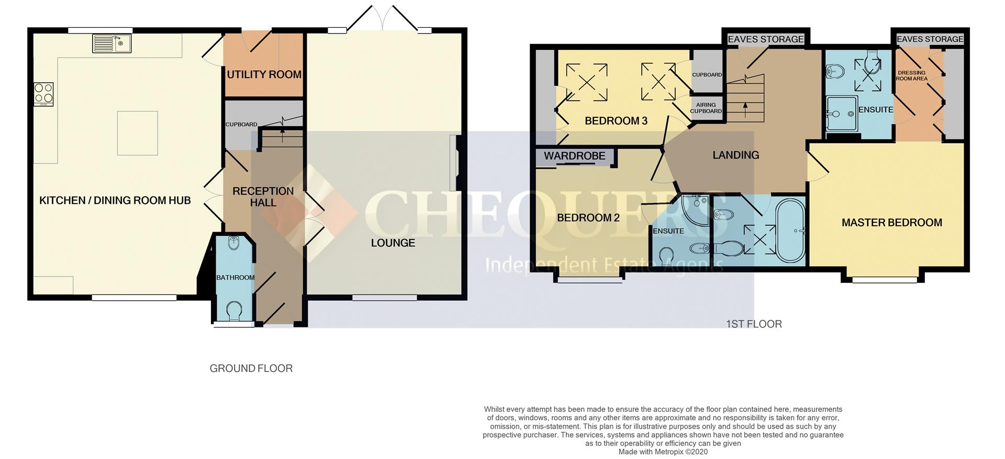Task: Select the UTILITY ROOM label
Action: pos(264,74)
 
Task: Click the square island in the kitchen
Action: pos(137,133)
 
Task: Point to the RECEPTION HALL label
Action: pos(263,196)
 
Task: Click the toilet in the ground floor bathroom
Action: pos(234,311)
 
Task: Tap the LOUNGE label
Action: pos(393,243)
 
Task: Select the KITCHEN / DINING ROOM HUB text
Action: pos(115,200)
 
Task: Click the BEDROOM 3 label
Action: pos(616,121)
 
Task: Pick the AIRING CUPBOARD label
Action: pos(706,108)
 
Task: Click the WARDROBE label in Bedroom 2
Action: pos(574,156)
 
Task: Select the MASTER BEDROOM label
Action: pos(891,223)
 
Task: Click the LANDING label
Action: pos(735,155)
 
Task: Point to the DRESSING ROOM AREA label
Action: pos(911,76)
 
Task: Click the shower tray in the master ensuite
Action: pos(841,113)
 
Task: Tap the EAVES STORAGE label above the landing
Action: pos(765,39)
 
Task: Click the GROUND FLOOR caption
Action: pos(251,368)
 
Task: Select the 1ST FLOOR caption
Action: pos(754,324)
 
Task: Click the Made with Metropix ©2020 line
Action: pos(663,452)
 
